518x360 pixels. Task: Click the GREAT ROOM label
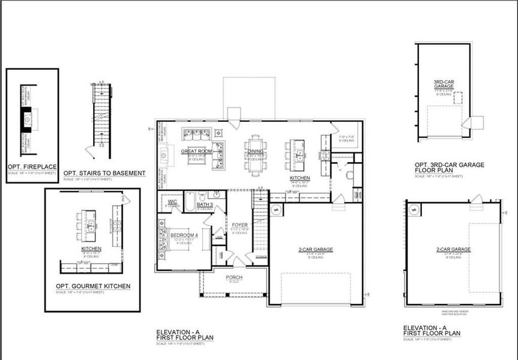197,151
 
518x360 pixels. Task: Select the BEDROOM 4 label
184,235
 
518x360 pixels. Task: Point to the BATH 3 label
205,205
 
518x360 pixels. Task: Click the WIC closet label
172,202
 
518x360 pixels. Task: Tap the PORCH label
234,277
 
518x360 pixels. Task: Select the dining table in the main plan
256,155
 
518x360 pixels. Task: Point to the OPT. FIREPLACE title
31,166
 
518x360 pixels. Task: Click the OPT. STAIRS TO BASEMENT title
104,173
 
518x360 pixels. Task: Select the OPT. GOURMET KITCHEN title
92,286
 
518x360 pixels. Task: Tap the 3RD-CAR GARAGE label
443,85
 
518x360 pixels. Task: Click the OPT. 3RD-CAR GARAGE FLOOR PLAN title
450,167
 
